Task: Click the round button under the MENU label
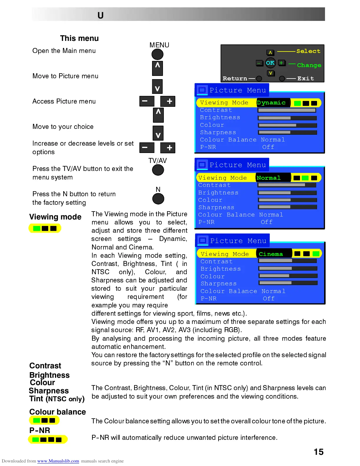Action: (x=157, y=54)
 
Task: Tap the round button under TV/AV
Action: (x=158, y=170)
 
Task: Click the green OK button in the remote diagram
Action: (x=270, y=63)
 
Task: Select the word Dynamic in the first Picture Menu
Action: (x=271, y=103)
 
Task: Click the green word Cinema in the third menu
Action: (x=271, y=254)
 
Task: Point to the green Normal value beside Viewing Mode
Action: (x=269, y=178)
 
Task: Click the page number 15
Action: (x=319, y=452)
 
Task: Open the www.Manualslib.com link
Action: (x=58, y=461)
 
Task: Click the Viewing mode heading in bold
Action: (x=55, y=217)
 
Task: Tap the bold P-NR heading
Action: (x=40, y=430)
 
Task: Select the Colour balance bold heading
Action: (x=58, y=412)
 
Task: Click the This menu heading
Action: (x=79, y=39)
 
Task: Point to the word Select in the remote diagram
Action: (x=308, y=51)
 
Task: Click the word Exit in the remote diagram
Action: (x=306, y=79)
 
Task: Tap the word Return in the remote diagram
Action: (x=235, y=79)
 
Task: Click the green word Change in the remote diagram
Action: (x=309, y=65)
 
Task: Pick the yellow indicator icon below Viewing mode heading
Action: (x=45, y=228)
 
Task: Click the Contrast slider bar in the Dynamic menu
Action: (x=287, y=110)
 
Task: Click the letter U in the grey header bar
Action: (x=101, y=15)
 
